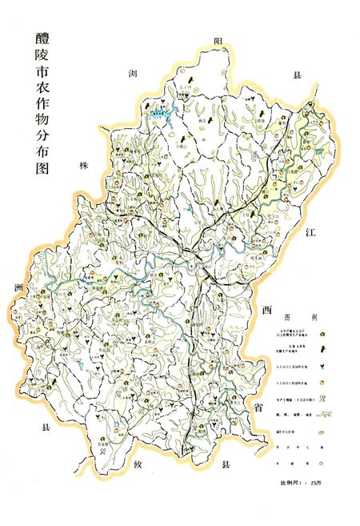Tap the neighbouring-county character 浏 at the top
pos(134,74)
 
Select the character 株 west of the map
pos(81,167)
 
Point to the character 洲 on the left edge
pos(18,287)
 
